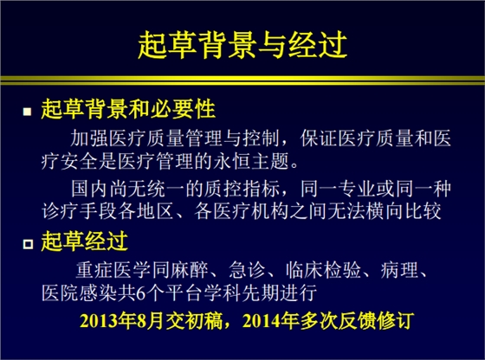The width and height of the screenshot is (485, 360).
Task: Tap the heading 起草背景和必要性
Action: pyautogui.click(x=128, y=111)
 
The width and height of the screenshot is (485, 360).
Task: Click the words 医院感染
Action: pyautogui.click(x=78, y=292)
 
